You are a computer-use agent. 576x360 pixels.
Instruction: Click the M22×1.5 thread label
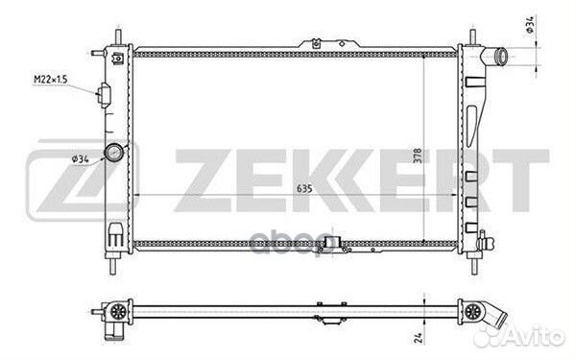(x=51, y=80)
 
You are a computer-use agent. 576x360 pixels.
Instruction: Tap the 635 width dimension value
(x=304, y=189)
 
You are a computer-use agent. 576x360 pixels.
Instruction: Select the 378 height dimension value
(x=418, y=156)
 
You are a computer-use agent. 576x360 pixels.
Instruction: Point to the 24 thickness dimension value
(x=419, y=337)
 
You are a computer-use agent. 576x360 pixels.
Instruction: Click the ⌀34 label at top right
(x=530, y=25)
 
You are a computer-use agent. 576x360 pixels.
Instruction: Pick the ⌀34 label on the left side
(x=81, y=159)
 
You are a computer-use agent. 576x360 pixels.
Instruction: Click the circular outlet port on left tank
(x=114, y=152)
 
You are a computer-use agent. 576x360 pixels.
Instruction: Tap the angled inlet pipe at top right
(x=493, y=57)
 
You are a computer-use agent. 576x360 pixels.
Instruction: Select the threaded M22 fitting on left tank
(x=104, y=95)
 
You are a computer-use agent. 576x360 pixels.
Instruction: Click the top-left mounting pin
(x=119, y=37)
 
